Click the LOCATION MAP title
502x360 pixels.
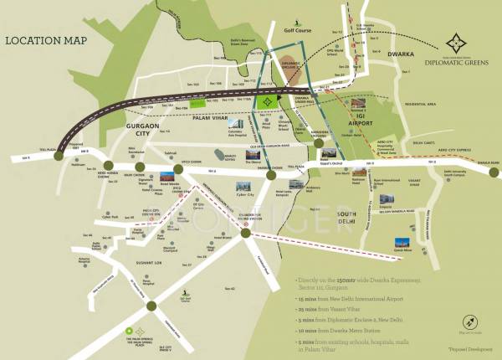tap(44, 39)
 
